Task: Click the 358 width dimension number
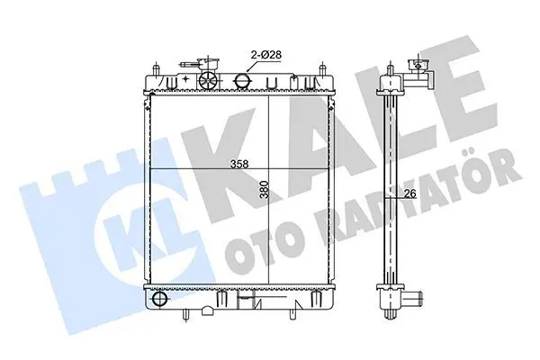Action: pyautogui.click(x=239, y=165)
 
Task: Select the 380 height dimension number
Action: pyautogui.click(x=264, y=190)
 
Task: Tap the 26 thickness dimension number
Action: pyautogui.click(x=409, y=194)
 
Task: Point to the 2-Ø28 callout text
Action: pyautogui.click(x=266, y=54)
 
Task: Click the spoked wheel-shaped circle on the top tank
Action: pyautogui.click(x=209, y=81)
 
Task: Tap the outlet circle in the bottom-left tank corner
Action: pyautogui.click(x=160, y=299)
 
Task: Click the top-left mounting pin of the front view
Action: pyautogui.click(x=157, y=68)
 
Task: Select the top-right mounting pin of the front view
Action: pyautogui.click(x=323, y=68)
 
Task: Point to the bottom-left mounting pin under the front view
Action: pyautogui.click(x=186, y=314)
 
